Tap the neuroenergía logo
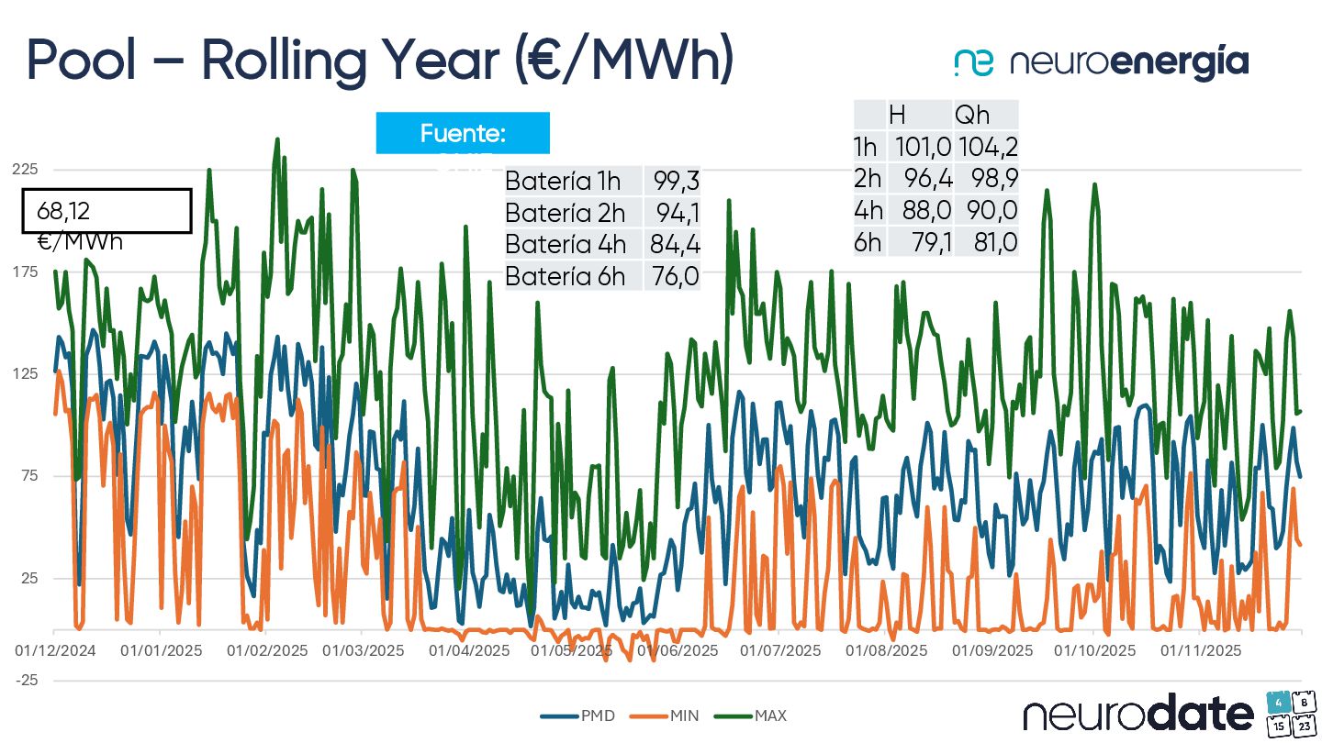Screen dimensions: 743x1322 point(1101,62)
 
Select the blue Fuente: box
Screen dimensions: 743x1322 point(463,134)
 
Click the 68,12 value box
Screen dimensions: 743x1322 point(106,212)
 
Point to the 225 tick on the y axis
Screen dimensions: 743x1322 point(25,170)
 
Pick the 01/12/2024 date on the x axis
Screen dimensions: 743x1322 point(54,650)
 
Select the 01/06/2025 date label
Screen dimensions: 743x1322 point(678,650)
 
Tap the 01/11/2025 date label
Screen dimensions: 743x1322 point(1202,650)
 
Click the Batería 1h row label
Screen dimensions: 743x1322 point(563,181)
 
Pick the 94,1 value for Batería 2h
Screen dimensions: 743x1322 point(678,213)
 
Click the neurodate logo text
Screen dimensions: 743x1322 point(1137,714)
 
